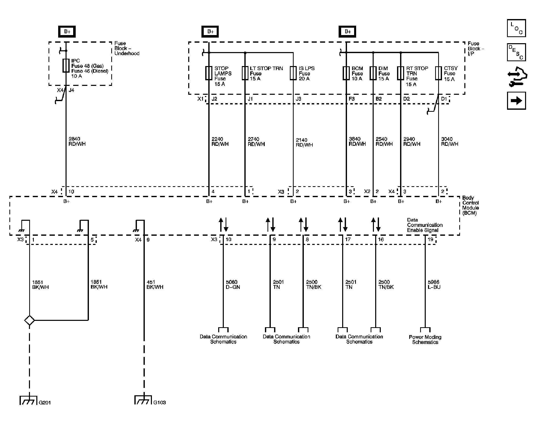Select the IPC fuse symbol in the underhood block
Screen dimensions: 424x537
pos(66,66)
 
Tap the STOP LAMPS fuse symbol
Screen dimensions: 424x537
pos(209,73)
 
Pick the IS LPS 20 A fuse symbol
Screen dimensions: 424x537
pos(293,73)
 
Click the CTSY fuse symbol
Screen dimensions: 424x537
pos(438,73)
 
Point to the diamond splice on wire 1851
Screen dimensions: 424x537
pos(29,320)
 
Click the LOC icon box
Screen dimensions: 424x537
pos(516,28)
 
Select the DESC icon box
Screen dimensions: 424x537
pos(516,52)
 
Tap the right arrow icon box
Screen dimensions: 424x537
pos(516,101)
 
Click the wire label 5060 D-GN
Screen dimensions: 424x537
pos(233,285)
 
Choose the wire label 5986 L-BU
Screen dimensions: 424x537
pos(434,285)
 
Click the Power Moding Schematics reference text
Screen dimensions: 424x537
pos(425,340)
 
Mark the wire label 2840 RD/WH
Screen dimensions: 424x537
pos(77,142)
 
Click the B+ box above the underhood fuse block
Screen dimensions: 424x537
pos(67,32)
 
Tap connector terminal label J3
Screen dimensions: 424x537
pos(298,99)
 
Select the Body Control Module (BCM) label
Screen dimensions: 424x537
pos(470,205)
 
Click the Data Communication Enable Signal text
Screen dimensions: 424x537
pos(424,225)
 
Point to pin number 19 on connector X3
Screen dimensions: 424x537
pos(430,240)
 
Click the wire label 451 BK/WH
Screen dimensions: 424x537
pos(155,285)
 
